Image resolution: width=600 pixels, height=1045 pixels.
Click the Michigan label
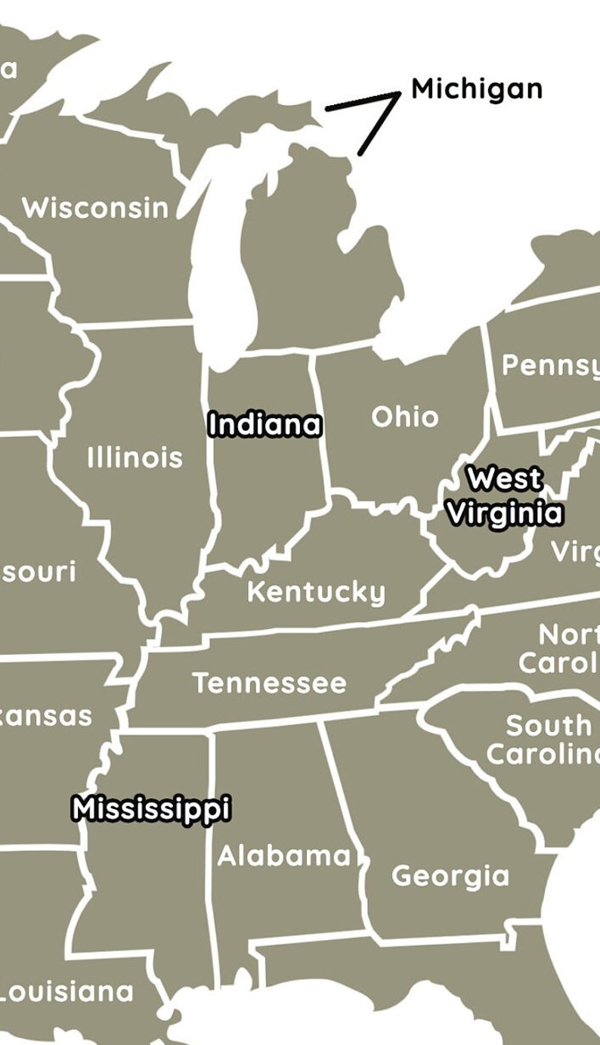point(476,89)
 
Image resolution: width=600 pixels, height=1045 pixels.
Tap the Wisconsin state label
point(95,207)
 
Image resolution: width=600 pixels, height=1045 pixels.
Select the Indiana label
point(264,424)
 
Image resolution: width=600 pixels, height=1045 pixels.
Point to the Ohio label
point(404,417)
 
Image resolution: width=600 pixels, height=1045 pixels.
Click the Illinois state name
point(135,457)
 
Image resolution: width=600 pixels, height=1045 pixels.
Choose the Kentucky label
point(316,592)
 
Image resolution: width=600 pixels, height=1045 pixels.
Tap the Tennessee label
point(269,684)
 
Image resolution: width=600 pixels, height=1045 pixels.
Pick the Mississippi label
point(151,808)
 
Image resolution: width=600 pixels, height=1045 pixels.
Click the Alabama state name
point(284,856)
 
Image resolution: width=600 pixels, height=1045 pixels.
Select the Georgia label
point(450,876)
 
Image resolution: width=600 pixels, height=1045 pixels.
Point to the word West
point(504,479)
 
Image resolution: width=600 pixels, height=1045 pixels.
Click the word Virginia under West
point(504,513)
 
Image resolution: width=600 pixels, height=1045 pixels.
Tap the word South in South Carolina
point(549,726)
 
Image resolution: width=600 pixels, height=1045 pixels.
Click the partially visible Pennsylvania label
point(550,365)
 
